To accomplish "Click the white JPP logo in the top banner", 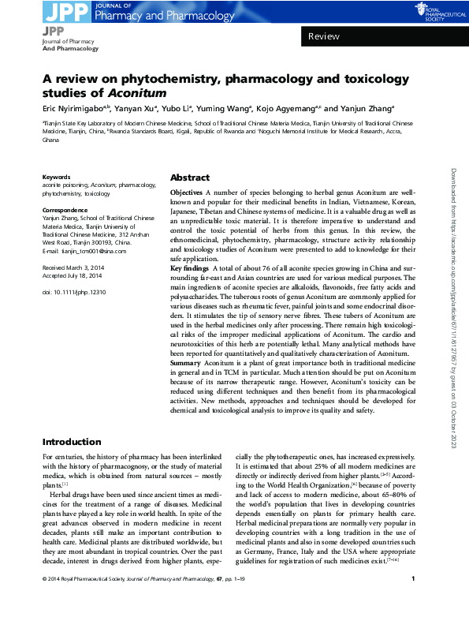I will [x=58, y=11].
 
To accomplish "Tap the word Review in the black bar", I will [x=323, y=36].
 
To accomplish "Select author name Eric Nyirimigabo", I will [x=75, y=109].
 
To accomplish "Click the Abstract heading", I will [x=189, y=178].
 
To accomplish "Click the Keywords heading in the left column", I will [x=57, y=178].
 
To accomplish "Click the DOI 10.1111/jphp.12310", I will [x=73, y=293].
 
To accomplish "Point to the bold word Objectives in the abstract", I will [x=186, y=193].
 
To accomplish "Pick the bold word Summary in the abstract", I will [x=188, y=362].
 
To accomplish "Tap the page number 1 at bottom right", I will [x=414, y=601].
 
